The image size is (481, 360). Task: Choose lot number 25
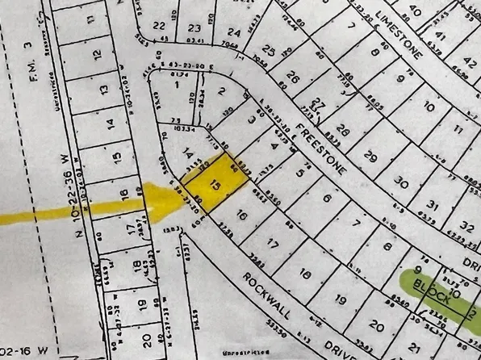(x=266, y=52)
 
